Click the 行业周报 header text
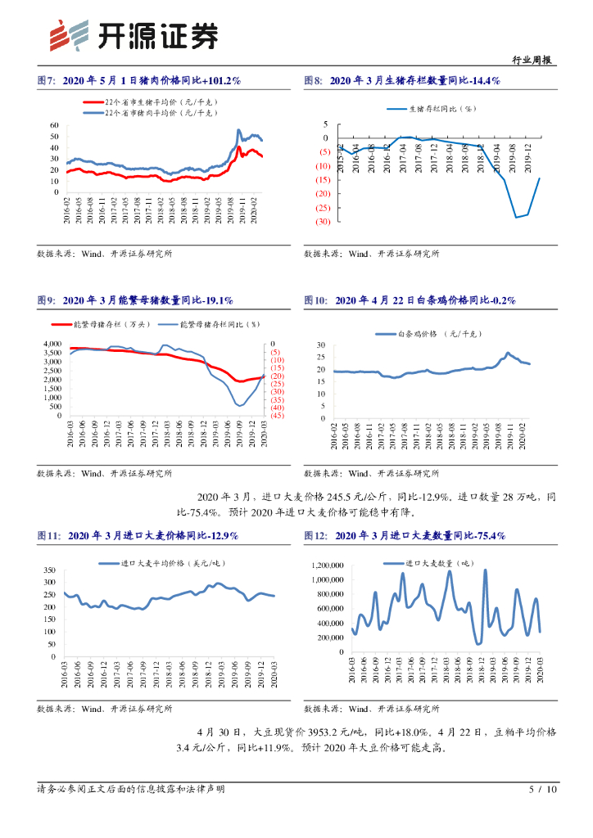click(x=532, y=59)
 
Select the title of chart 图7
click(x=138, y=81)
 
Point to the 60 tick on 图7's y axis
click(x=55, y=125)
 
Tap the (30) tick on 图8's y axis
click(x=322, y=222)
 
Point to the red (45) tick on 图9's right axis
click(x=277, y=416)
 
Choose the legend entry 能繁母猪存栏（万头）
click(x=113, y=324)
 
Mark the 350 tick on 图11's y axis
click(x=48, y=570)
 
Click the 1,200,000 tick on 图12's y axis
click(x=325, y=565)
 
